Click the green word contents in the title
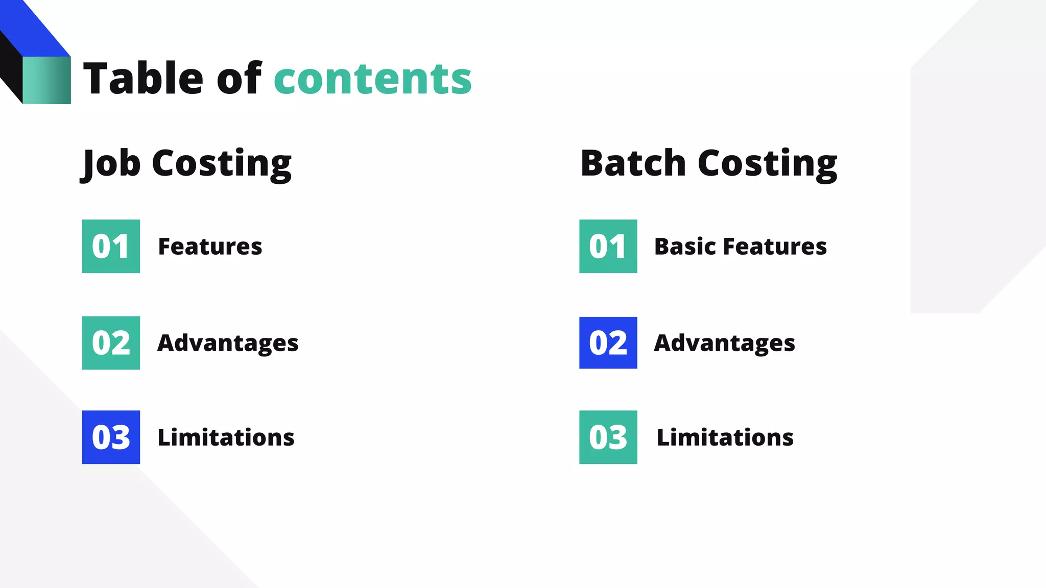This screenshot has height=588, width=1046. tap(373, 79)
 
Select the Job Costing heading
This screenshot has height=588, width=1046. tap(186, 163)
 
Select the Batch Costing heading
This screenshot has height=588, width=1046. tap(709, 163)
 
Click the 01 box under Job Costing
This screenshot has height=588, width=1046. tap(111, 246)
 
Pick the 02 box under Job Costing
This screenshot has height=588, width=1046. tap(111, 342)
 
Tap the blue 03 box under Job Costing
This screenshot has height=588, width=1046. tap(111, 437)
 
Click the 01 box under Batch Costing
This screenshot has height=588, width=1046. tap(608, 246)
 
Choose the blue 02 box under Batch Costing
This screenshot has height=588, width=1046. tap(608, 342)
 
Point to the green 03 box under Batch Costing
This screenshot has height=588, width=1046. tap(608, 437)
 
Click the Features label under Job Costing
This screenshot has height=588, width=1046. tap(210, 247)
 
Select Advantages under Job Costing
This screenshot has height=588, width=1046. tap(228, 343)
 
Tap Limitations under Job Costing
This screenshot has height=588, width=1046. tap(226, 437)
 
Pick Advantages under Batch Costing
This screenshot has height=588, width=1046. tap(724, 343)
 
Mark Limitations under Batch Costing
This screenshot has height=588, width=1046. tap(725, 437)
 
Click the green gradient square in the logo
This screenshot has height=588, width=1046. tap(46, 80)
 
